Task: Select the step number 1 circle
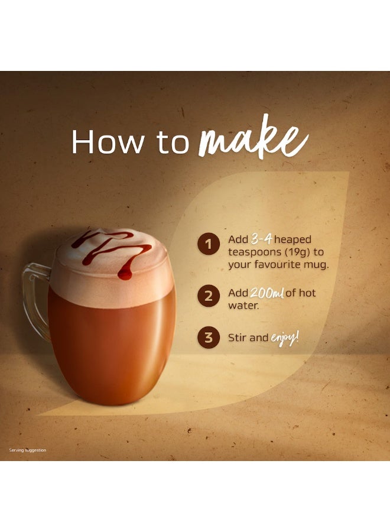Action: click(208, 244)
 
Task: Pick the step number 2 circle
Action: click(208, 296)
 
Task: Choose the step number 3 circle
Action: click(208, 338)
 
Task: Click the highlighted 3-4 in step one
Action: click(261, 239)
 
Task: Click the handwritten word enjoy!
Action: click(285, 338)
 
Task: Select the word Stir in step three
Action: click(239, 338)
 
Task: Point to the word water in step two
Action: click(242, 306)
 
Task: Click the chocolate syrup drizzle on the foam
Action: click(112, 248)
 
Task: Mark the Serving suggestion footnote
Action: click(27, 450)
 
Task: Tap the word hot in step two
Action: click(308, 293)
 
